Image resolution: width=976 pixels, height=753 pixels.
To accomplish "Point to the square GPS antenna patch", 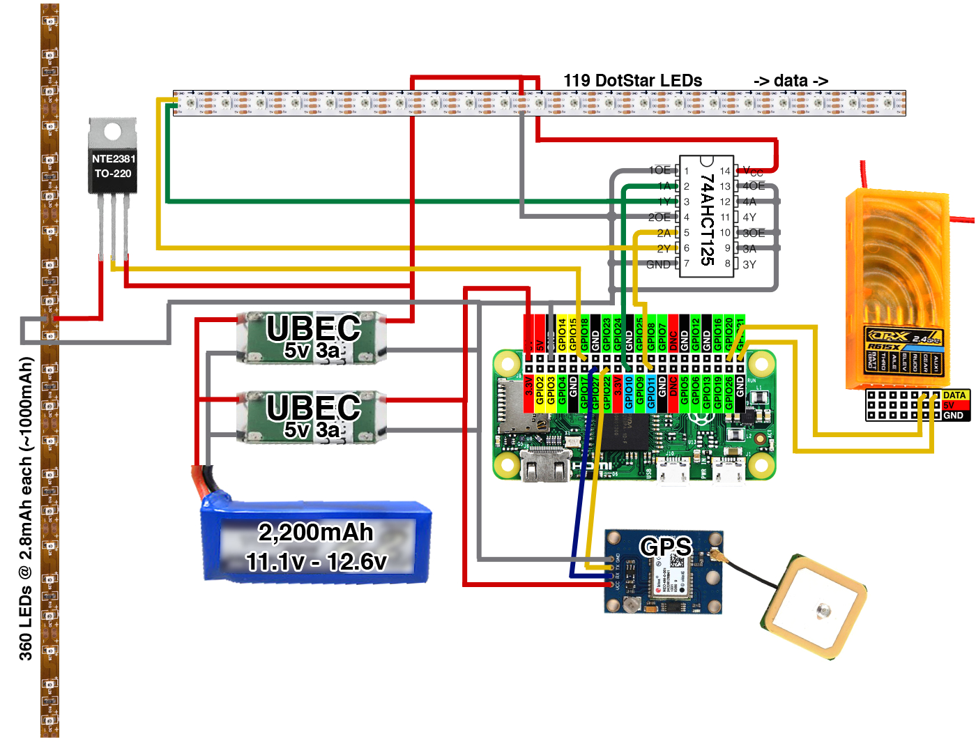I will click(815, 607).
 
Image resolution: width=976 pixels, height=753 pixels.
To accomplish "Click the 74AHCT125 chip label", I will click(707, 219).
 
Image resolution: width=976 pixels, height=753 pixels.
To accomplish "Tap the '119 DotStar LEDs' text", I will click(632, 81).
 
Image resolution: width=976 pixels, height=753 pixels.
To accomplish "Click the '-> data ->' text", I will click(791, 81).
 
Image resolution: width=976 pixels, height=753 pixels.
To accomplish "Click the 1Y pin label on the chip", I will click(664, 201).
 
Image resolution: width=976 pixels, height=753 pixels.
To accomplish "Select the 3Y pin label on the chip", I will click(749, 265).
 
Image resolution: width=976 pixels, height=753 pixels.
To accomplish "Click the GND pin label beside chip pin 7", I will click(658, 265).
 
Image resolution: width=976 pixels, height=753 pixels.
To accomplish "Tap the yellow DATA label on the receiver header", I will click(954, 395).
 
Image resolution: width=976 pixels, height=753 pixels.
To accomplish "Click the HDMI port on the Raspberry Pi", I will click(541, 466).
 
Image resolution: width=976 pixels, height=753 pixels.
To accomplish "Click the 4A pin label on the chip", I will click(749, 202).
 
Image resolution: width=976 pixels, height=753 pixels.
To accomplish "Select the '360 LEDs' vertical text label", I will click(26, 509).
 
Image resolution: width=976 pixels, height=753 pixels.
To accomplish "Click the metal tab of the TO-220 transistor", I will click(112, 131).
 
